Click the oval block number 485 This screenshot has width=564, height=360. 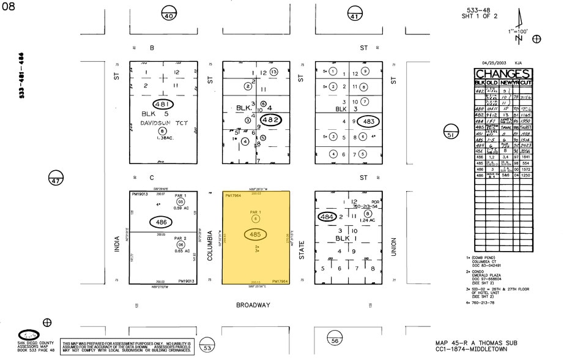(x=256, y=234)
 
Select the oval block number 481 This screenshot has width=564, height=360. (x=163, y=105)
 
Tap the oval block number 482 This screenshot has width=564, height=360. (x=271, y=120)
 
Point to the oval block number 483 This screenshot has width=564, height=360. (x=368, y=121)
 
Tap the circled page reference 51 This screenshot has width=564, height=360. (x=451, y=135)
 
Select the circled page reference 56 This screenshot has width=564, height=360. (x=335, y=340)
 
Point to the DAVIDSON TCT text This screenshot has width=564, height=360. (x=163, y=122)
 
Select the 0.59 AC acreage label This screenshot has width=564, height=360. (x=181, y=209)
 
